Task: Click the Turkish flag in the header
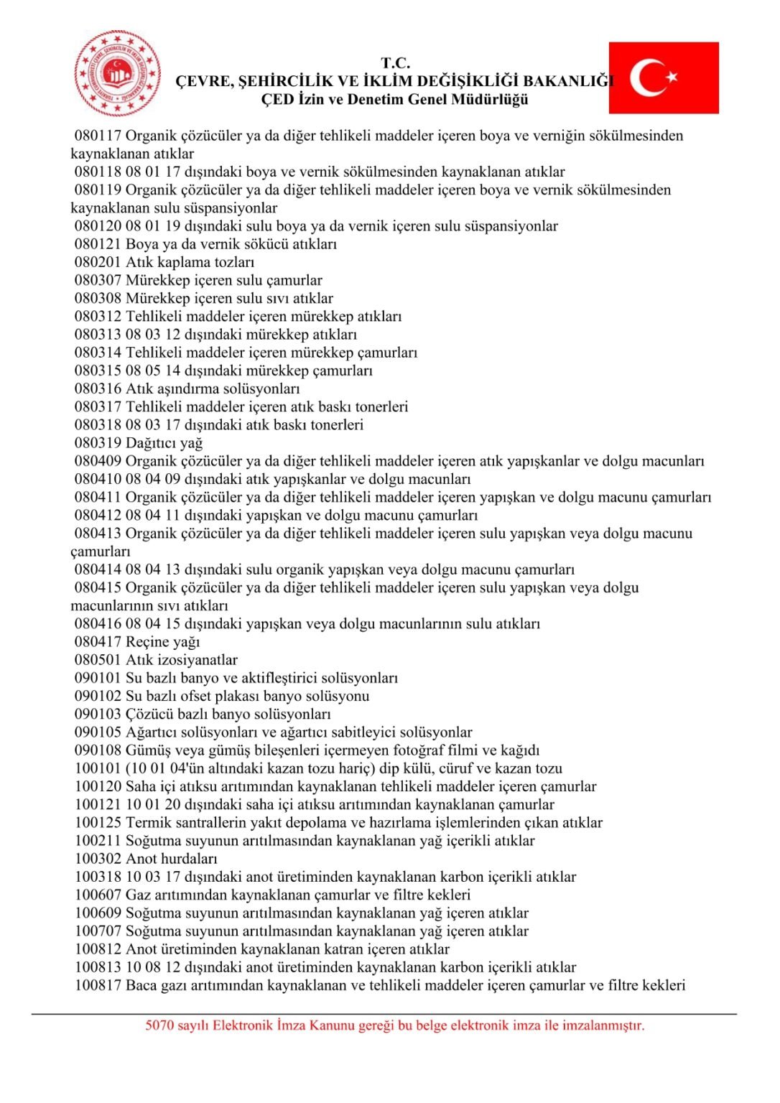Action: [x=664, y=78]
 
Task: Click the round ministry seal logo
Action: [x=118, y=73]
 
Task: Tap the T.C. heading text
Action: [x=395, y=63]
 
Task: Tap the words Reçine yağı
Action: [x=163, y=642]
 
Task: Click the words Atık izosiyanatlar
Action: [x=182, y=660]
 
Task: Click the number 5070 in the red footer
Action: [x=159, y=1025]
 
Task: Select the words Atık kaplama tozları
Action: [x=190, y=262]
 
